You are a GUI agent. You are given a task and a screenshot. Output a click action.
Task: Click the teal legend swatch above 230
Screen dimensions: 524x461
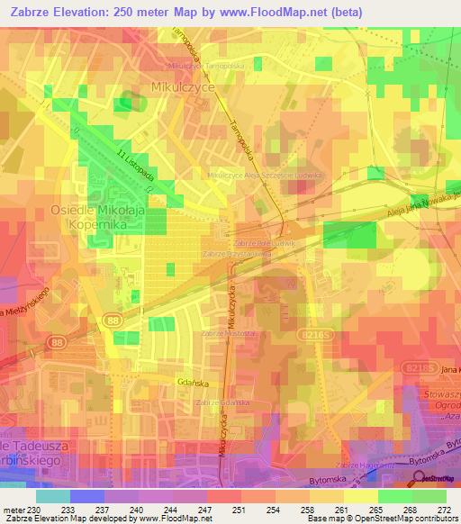click(x=53, y=496)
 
